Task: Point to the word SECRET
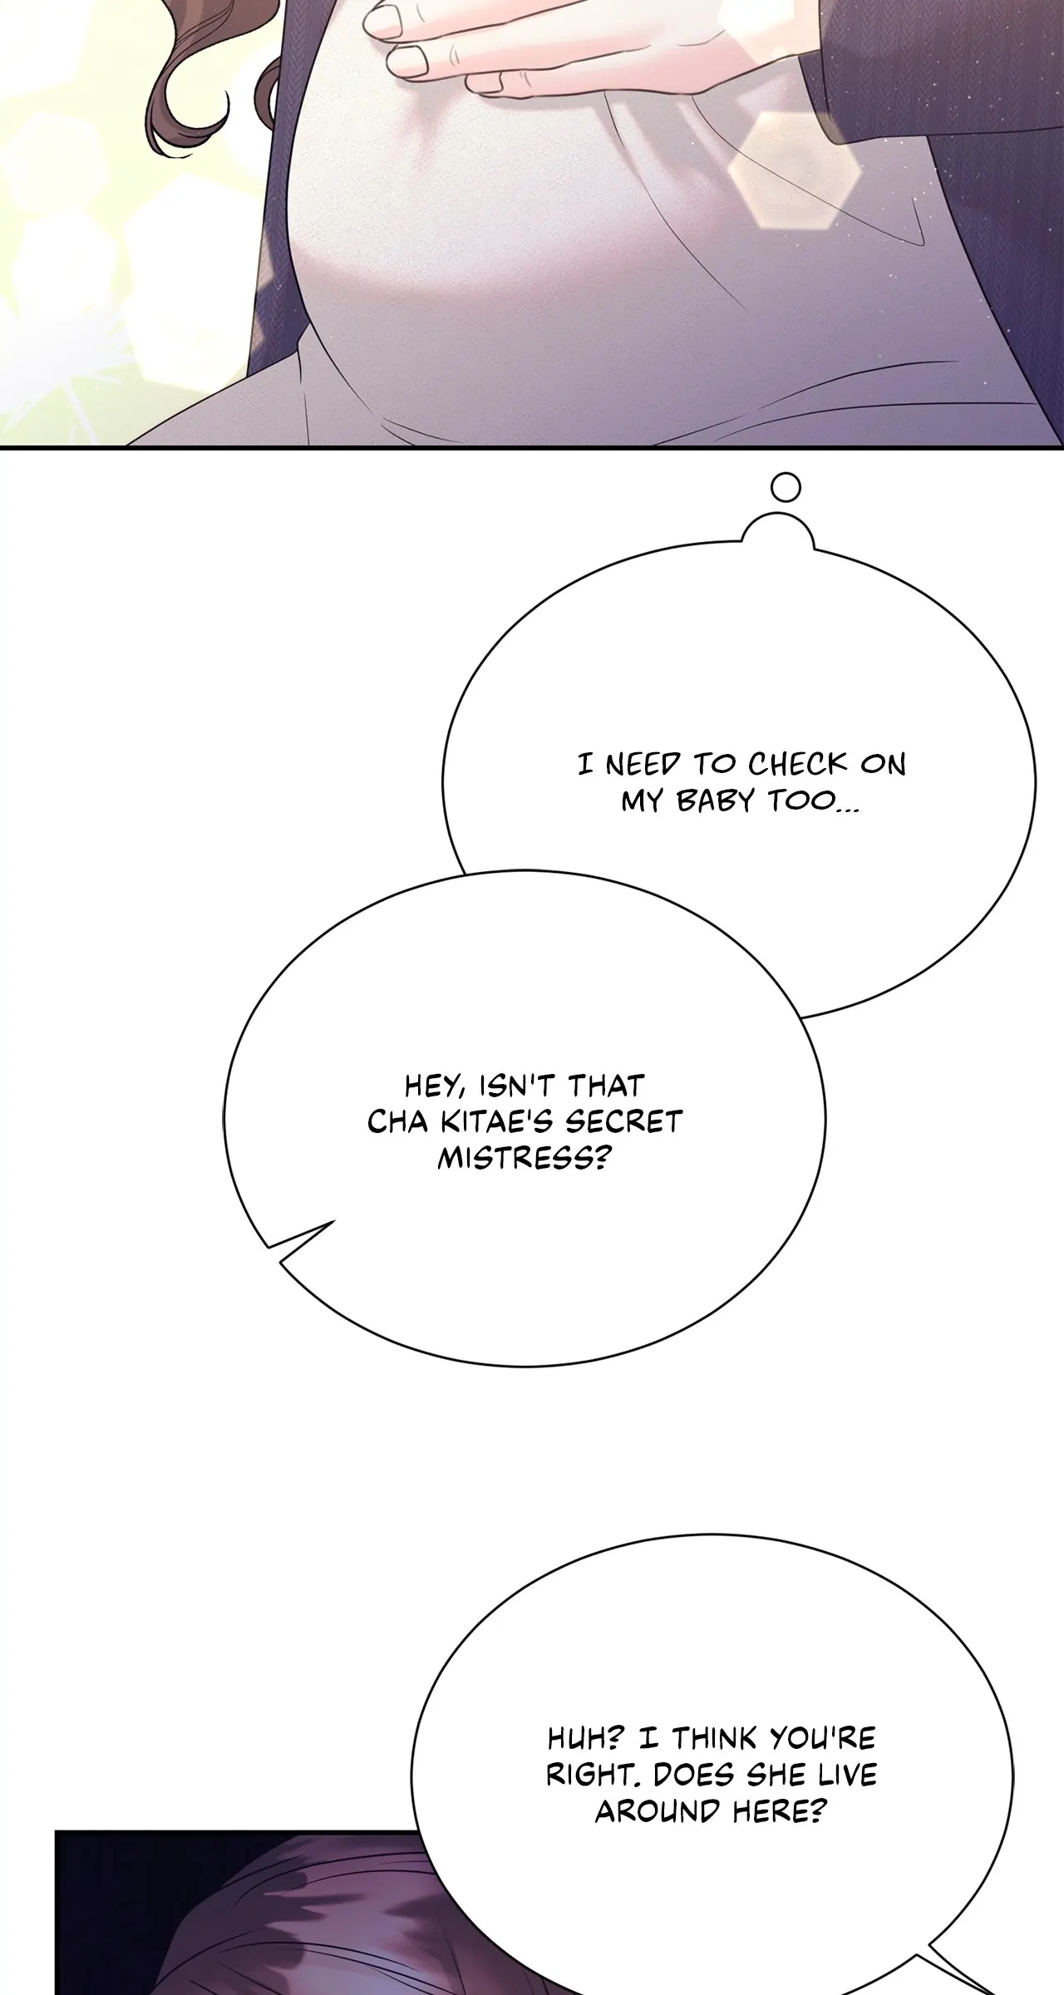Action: pyautogui.click(x=623, y=1122)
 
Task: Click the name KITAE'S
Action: pyautogui.click(x=497, y=1122)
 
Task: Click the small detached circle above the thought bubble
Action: pyautogui.click(x=786, y=486)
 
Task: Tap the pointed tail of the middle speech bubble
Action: pyautogui.click(x=283, y=1270)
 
